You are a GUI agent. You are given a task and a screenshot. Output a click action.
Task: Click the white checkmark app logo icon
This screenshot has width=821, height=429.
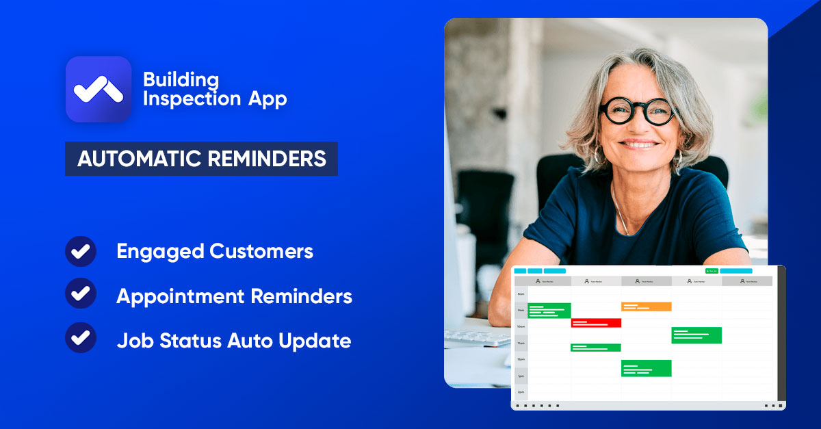tap(98, 90)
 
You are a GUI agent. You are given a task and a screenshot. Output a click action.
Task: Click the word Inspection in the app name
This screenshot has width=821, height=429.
tap(181, 99)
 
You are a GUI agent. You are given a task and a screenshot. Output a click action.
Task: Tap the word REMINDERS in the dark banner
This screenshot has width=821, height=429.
tap(268, 159)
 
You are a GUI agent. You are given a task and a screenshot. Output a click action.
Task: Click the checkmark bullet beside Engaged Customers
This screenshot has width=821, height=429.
tap(81, 251)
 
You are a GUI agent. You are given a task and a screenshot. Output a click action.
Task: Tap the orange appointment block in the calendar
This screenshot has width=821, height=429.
tap(646, 307)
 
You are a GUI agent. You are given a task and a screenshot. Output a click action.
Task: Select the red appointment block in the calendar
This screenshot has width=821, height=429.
tap(596, 323)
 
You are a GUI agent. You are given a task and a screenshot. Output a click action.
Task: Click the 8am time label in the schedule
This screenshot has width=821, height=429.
tap(521, 294)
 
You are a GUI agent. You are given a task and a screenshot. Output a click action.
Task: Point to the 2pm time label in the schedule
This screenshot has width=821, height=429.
tap(521, 392)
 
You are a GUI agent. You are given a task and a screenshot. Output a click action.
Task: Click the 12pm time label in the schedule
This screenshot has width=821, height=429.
tap(521, 359)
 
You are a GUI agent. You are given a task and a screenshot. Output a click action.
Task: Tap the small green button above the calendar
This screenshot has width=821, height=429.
tap(712, 271)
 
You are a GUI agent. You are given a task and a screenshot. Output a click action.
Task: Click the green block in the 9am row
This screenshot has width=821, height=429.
tap(549, 311)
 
